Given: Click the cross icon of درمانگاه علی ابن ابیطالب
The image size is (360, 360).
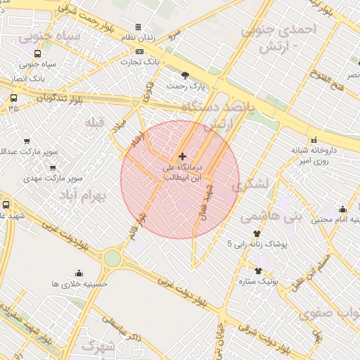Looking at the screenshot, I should click(x=183, y=156).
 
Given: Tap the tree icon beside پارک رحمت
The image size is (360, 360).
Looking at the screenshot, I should click(x=185, y=75).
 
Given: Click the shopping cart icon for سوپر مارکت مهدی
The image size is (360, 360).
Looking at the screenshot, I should click(x=53, y=167).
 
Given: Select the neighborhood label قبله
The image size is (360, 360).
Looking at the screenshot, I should click(x=94, y=122).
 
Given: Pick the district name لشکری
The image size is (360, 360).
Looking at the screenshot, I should click(x=249, y=185).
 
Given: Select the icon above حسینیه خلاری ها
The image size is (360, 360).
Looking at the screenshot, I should click(x=78, y=273).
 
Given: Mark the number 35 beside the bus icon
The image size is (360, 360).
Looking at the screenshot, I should click(x=14, y=110).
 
